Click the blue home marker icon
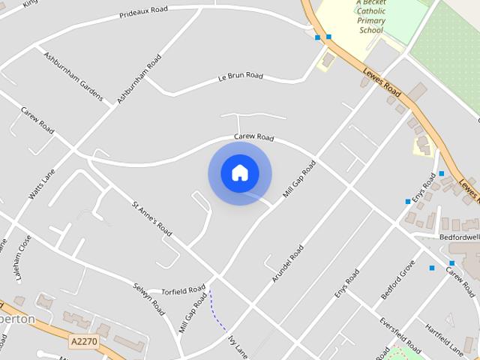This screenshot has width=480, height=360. [x=239, y=172]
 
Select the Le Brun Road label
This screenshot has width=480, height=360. [x=241, y=76]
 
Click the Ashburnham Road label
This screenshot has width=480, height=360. [x=139, y=79]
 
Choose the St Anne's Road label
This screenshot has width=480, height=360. [x=153, y=220]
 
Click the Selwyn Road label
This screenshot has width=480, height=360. [x=148, y=299]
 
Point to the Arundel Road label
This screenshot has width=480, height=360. [x=289, y=263]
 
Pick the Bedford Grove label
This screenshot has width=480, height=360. [x=397, y=280]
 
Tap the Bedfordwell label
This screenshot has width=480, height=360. [x=458, y=237]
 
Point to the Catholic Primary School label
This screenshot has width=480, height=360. [x=371, y=21]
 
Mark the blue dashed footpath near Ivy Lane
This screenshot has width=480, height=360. [x=218, y=311]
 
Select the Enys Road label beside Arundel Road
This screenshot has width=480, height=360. [x=347, y=283]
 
